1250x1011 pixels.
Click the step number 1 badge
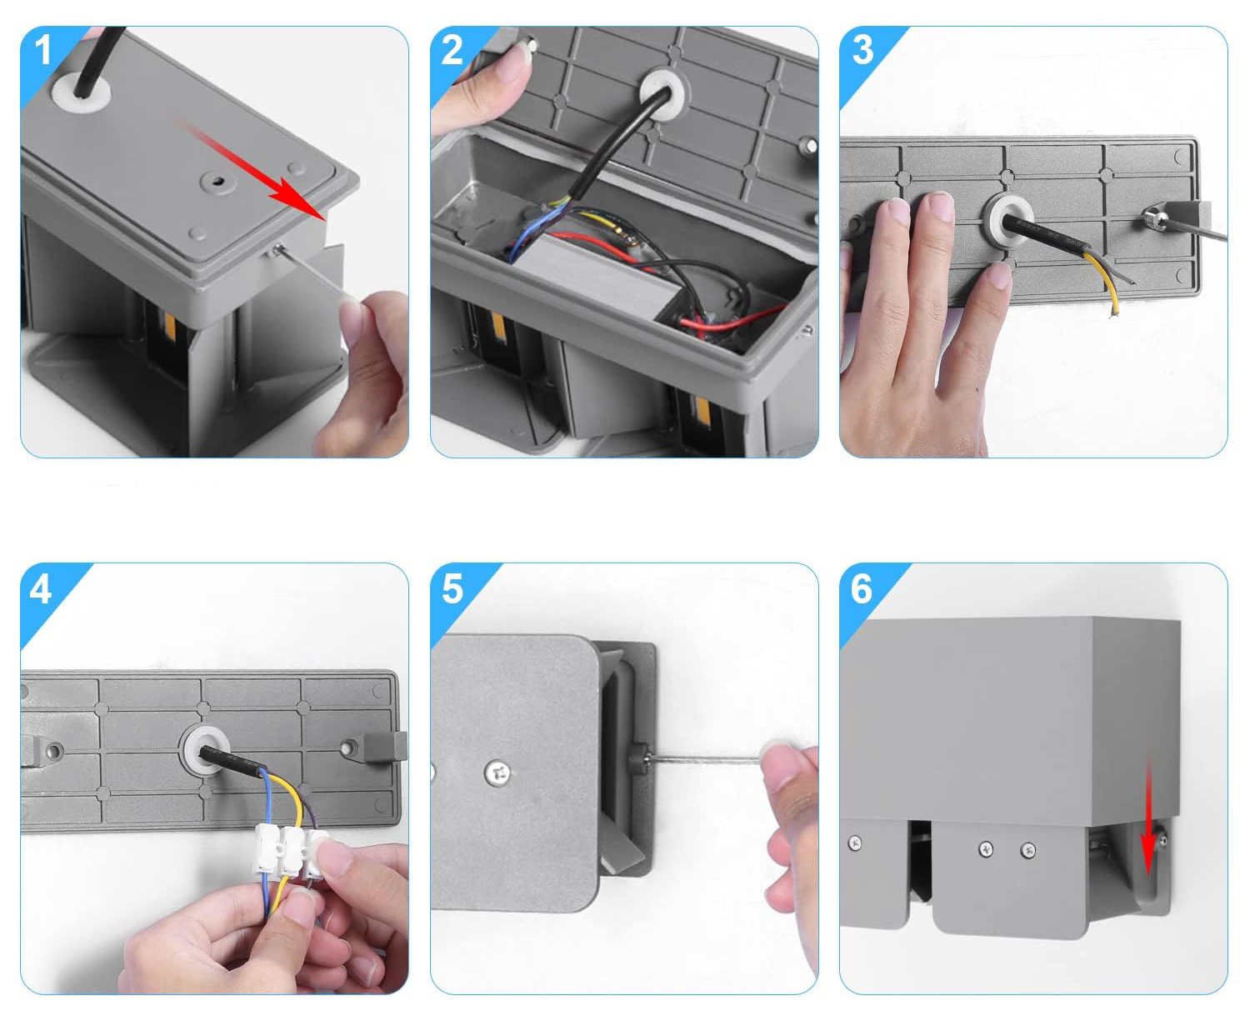pos(42,51)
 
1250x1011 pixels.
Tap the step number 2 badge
pos(452,51)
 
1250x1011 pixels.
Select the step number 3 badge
pos(862,51)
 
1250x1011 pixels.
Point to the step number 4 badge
pos(41,589)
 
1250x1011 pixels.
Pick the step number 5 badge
pos(452,589)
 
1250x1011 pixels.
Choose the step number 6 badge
pos(862,589)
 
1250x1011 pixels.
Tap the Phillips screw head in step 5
pos(497,772)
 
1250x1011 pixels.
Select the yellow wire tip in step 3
pos(1111,314)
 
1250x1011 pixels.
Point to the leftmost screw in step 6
pos(856,843)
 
